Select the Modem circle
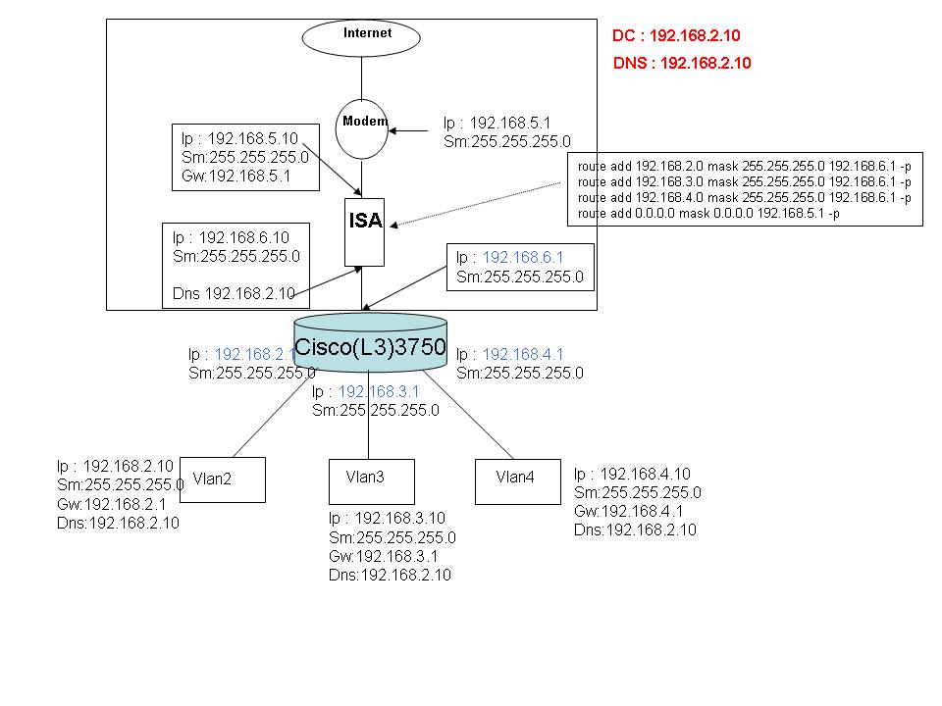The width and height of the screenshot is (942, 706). [363, 127]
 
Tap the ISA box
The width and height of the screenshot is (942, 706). [364, 231]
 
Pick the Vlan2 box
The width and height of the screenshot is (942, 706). [223, 479]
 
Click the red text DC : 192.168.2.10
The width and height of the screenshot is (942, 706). [676, 35]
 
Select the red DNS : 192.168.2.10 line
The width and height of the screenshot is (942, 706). [682, 64]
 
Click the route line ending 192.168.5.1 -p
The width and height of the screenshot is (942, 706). [708, 213]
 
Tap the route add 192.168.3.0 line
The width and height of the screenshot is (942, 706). [745, 182]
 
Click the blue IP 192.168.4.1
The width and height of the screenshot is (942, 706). [523, 354]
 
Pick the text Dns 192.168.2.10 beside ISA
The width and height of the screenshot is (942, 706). [235, 292]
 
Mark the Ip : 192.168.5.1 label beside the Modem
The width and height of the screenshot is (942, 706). [497, 123]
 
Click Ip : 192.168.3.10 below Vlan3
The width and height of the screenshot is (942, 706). [387, 518]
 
